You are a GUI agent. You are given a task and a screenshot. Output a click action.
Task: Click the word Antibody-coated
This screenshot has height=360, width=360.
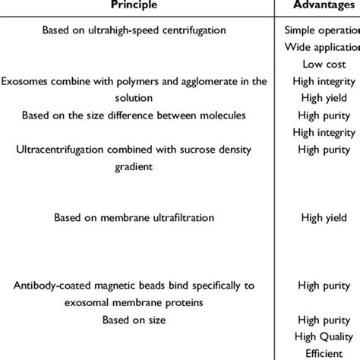click(x=52, y=285)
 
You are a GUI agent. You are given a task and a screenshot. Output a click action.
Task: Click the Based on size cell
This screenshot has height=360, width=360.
click(x=134, y=318)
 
